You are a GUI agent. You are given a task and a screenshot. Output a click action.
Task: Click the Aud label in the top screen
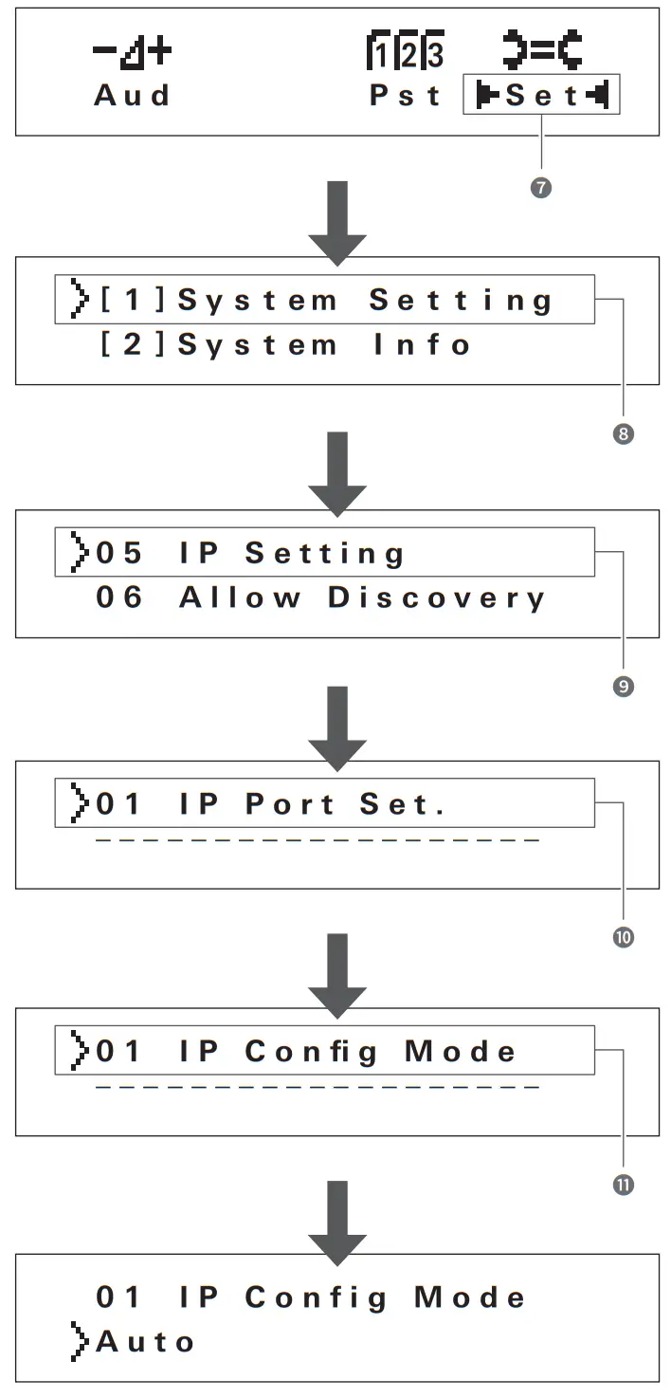pyautogui.click(x=132, y=96)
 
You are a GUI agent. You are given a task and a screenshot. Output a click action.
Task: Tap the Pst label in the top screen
pyautogui.click(x=406, y=96)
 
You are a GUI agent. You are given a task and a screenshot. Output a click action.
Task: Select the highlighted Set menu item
pyautogui.click(x=541, y=96)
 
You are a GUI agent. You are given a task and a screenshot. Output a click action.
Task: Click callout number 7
pyautogui.click(x=541, y=188)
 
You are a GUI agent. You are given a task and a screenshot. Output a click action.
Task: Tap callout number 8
pyautogui.click(x=624, y=434)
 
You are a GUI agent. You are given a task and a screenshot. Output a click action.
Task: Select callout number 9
pyautogui.click(x=624, y=686)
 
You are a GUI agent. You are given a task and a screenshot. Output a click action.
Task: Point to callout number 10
pyautogui.click(x=624, y=937)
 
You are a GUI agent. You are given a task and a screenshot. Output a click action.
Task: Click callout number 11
pyautogui.click(x=624, y=1185)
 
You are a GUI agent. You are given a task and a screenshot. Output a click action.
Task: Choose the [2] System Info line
pyautogui.click(x=284, y=345)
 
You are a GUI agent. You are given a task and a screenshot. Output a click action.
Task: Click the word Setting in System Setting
pyautogui.click(x=461, y=301)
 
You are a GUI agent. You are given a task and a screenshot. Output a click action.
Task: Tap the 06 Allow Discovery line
pyautogui.click(x=320, y=598)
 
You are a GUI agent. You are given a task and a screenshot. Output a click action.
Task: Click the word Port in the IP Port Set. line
pyautogui.click(x=290, y=804)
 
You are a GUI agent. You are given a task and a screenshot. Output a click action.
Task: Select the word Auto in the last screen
pyautogui.click(x=144, y=1342)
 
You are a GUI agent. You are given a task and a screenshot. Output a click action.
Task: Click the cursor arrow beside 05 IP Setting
pyautogui.click(x=77, y=553)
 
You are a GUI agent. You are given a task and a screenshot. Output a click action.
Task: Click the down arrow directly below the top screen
pyautogui.click(x=337, y=221)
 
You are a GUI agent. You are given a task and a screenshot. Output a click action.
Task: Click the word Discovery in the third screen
pyautogui.click(x=437, y=598)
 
